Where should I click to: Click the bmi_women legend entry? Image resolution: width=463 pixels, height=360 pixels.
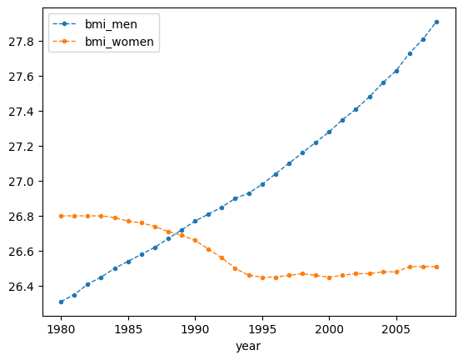[x=119, y=42]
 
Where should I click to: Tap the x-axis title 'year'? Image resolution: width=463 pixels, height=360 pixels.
[x=249, y=345]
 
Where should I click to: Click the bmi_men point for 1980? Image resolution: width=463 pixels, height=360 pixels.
[x=61, y=302]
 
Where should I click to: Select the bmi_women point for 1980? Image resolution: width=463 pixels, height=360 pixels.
[x=61, y=216]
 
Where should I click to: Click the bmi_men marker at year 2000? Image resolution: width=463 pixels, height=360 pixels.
[x=329, y=132]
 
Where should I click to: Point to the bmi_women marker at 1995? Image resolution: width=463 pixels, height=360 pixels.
[x=262, y=277]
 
